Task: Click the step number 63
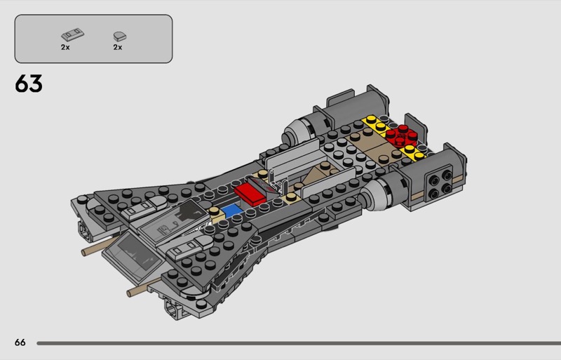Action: click(x=29, y=84)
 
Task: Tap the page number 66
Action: click(x=20, y=342)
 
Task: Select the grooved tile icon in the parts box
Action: click(x=73, y=35)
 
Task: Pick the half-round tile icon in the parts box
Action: click(x=120, y=36)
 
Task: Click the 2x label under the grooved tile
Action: click(x=65, y=47)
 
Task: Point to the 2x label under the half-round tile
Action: click(x=118, y=47)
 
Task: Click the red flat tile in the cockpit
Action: click(x=250, y=195)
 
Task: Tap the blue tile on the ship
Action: click(x=231, y=211)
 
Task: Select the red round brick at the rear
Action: click(x=401, y=135)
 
